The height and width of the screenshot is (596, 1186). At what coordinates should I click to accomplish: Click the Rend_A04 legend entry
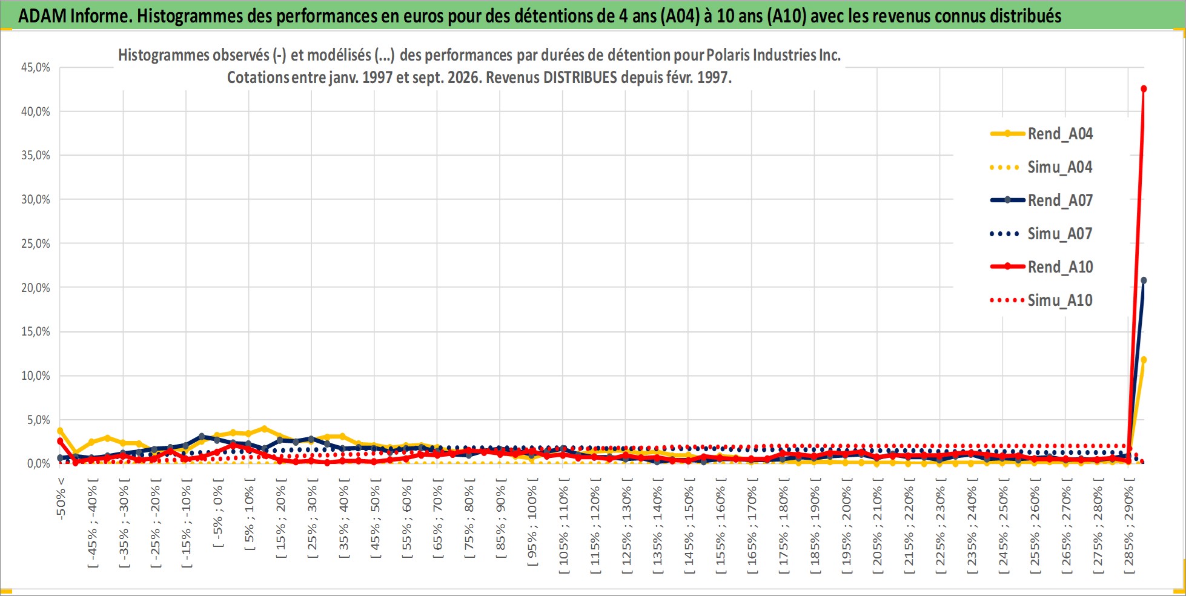click(x=1041, y=134)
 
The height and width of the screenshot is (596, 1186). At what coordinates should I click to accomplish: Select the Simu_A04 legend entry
click(x=1041, y=167)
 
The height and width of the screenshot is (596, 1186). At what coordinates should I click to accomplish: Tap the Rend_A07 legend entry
click(x=1041, y=200)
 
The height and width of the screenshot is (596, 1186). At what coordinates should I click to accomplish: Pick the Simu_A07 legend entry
click(x=1041, y=234)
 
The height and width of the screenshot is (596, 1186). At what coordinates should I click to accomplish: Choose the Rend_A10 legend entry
click(x=1041, y=267)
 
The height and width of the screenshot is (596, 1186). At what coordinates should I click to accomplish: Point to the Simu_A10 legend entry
click(x=1041, y=300)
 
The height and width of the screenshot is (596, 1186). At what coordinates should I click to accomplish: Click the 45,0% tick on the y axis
click(x=36, y=67)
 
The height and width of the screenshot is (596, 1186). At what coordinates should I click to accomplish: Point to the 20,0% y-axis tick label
click(x=36, y=288)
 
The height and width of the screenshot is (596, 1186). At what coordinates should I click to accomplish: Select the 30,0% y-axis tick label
click(x=36, y=199)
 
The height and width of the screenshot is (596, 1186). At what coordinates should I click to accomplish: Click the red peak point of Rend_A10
click(x=1144, y=89)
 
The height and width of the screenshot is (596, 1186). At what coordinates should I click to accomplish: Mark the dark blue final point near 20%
click(x=1144, y=280)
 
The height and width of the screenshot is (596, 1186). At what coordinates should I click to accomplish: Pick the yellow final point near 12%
click(x=1144, y=360)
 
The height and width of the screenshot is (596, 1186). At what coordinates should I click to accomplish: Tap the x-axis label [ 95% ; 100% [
click(x=532, y=522)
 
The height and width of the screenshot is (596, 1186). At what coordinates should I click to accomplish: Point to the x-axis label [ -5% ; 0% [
click(x=218, y=513)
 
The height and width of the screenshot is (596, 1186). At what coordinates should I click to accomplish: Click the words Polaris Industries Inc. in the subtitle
click(x=774, y=55)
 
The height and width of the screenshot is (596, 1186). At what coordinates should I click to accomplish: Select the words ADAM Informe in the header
click(x=75, y=16)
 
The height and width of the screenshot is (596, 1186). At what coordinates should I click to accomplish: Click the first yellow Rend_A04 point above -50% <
click(x=60, y=431)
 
